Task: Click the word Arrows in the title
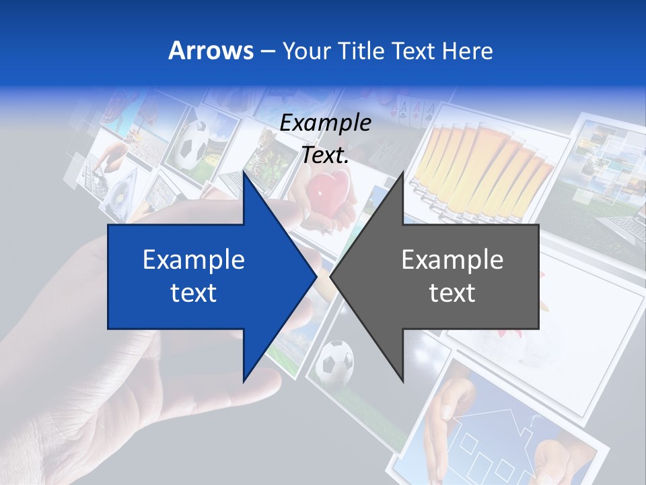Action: (211, 51)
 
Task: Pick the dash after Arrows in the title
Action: (267, 51)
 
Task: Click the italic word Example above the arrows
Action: (325, 123)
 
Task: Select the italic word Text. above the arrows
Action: (325, 155)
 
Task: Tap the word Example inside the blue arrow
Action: (194, 259)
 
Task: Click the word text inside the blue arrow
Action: (194, 293)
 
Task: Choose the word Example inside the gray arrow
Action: (452, 259)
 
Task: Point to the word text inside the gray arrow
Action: (452, 293)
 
